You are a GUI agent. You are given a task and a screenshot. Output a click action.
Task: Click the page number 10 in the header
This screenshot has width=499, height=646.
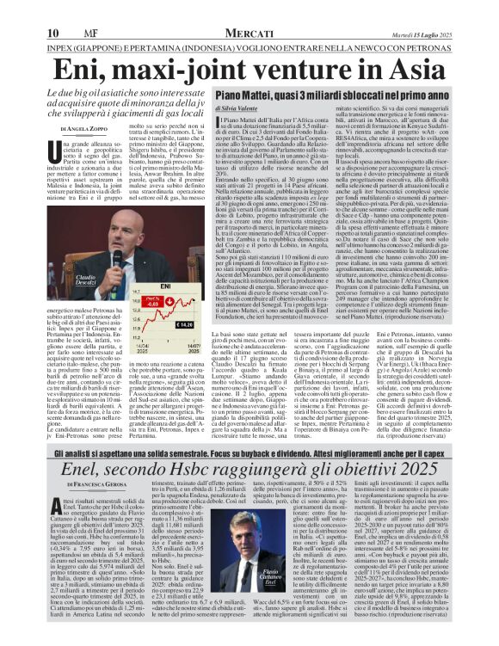click(x=17, y=9)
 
